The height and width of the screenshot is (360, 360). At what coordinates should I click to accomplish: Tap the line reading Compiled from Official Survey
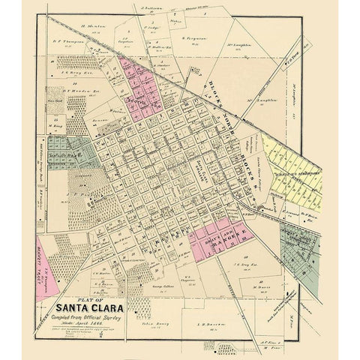pos(88,315)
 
